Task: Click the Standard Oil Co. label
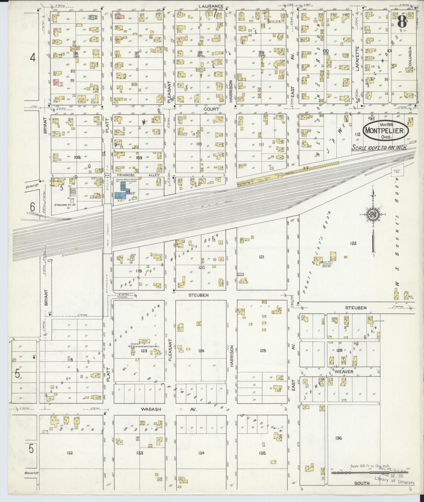click(64, 205)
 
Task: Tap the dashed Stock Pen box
click(397, 170)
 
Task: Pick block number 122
click(353, 243)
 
